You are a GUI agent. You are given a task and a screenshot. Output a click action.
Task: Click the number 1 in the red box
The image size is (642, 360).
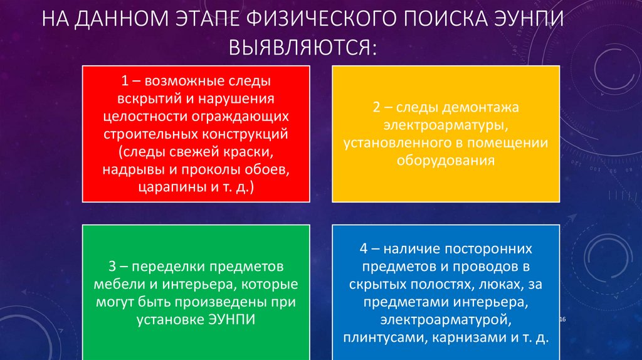click(x=125, y=82)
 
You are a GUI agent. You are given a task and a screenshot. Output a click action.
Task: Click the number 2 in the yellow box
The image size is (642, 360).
click(x=376, y=108)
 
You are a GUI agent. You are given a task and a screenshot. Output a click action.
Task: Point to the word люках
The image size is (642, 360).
click(x=497, y=284)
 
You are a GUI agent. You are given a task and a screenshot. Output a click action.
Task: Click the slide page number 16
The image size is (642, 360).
click(x=562, y=320)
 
